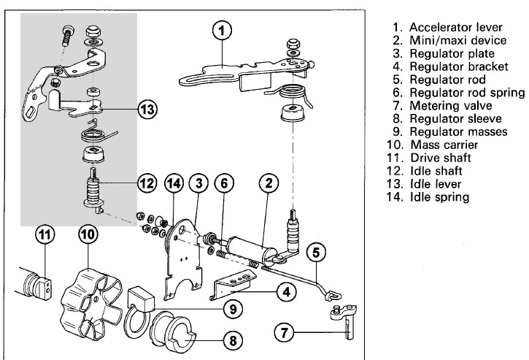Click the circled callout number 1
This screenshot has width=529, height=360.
(223, 30)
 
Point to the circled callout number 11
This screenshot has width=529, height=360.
(45, 236)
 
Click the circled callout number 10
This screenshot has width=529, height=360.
(88, 235)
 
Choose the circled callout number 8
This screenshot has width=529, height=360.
(233, 340)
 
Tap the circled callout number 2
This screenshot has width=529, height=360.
(268, 183)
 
